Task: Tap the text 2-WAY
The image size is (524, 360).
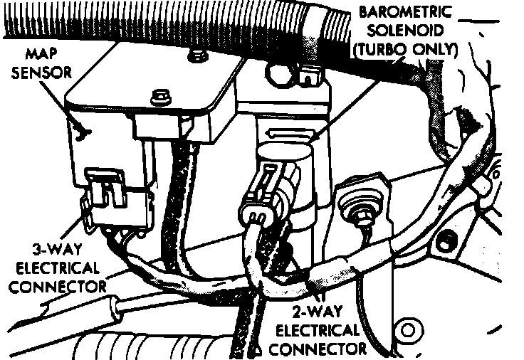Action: tap(315, 312)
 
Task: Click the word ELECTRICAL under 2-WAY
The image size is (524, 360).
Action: tap(317, 331)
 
